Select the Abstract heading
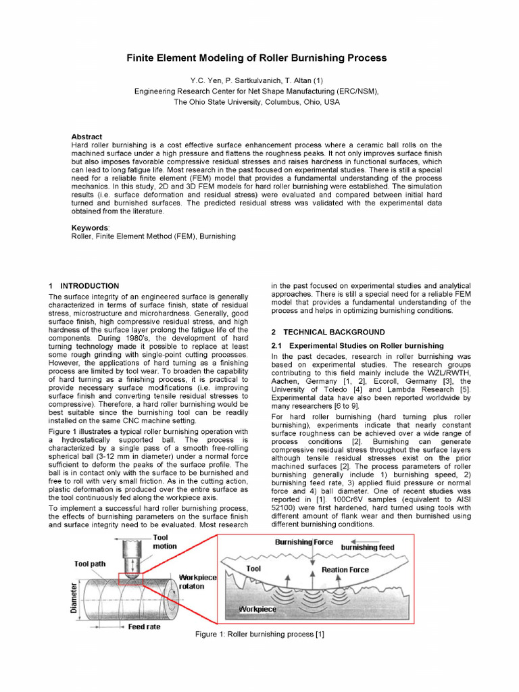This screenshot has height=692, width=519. [x=86, y=137]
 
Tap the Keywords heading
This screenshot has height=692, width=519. [x=91, y=228]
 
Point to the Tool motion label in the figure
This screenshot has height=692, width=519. [x=164, y=541]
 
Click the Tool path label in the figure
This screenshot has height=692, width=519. [x=92, y=564]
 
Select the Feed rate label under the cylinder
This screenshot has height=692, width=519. [x=144, y=626]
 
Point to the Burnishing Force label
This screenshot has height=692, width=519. [x=303, y=542]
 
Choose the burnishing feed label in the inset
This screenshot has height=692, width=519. [x=367, y=546]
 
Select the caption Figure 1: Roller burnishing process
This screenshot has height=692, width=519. [x=259, y=635]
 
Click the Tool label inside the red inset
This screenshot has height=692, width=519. [x=253, y=568]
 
